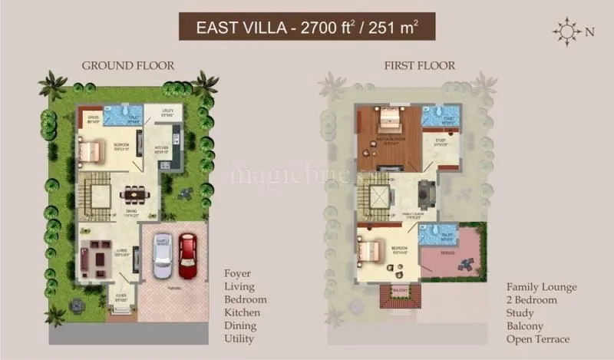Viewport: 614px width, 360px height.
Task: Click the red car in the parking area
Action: click(188, 256)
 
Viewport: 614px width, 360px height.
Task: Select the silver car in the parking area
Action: click(163, 256)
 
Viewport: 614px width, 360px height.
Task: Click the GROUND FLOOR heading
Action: click(128, 66)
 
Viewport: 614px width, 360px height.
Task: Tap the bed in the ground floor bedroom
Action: click(89, 150)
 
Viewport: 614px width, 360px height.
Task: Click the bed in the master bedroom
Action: click(387, 119)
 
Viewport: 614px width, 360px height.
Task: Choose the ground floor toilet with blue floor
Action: click(124, 116)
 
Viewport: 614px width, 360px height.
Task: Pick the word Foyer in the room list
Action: click(237, 273)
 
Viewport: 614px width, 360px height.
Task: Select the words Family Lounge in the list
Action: click(541, 287)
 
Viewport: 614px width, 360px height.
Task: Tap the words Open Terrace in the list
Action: click(538, 339)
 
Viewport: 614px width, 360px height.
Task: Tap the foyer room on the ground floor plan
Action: click(121, 295)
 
